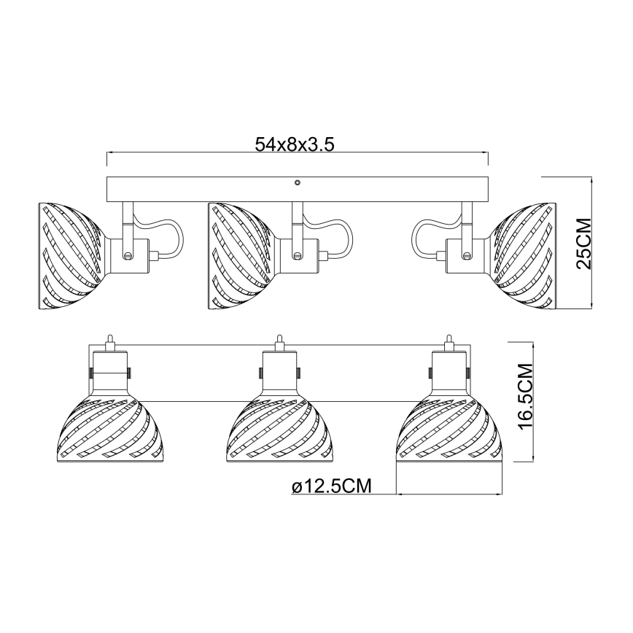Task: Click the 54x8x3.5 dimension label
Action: (295, 144)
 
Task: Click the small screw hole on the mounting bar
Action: (297, 184)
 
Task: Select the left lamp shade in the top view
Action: (71, 255)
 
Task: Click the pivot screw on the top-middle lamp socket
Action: (297, 255)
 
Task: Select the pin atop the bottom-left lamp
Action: (109, 341)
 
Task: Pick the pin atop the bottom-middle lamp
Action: (279, 341)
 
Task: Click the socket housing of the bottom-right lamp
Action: (449, 372)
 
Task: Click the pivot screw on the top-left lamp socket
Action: (128, 255)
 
